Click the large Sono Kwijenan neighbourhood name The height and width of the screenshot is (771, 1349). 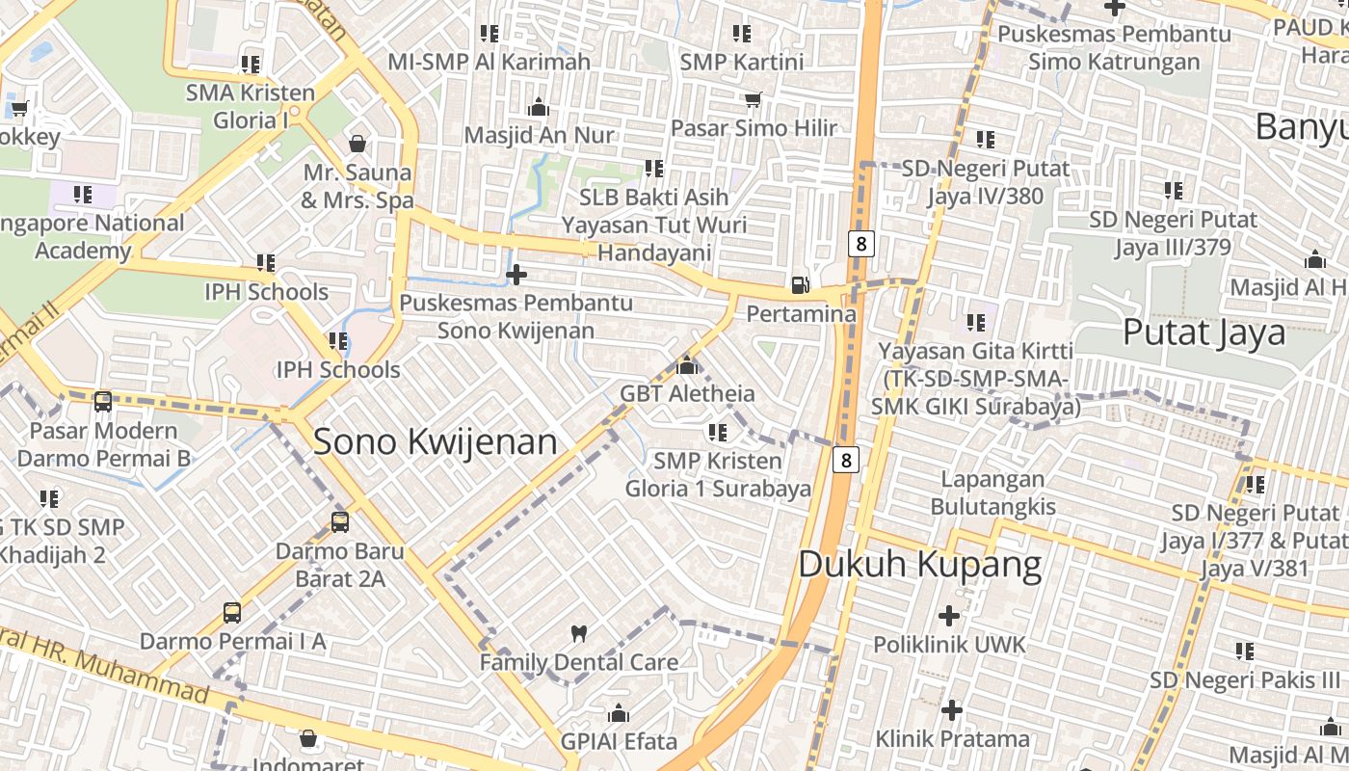coord(436,441)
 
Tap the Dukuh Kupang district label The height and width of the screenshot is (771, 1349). coord(920,565)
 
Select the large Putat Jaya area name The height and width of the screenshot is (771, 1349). coord(1204,332)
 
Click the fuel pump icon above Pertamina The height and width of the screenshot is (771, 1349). coord(800,284)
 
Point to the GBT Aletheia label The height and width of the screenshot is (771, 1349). coord(687,393)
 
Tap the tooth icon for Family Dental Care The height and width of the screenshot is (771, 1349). coord(579,633)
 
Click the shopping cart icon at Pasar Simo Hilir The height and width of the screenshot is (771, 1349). coord(754,100)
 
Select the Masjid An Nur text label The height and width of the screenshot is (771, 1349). coord(539,135)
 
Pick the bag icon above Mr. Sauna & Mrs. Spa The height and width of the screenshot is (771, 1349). coord(357,144)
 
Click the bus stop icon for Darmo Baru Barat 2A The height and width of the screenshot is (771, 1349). coord(340,522)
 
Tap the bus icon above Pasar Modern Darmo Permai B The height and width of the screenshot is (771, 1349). coord(103,401)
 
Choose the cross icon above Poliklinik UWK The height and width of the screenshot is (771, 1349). coord(949,615)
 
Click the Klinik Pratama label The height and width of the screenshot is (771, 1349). coord(952,739)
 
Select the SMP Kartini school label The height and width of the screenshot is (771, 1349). coord(741,62)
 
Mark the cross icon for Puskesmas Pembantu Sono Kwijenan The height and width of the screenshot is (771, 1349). coord(516,276)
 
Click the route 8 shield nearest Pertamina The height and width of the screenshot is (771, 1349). coord(861,243)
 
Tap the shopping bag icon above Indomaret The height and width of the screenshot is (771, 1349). coord(308,739)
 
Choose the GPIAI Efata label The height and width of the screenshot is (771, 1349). coord(620,741)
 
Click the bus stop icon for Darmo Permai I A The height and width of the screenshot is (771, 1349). coord(232,612)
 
